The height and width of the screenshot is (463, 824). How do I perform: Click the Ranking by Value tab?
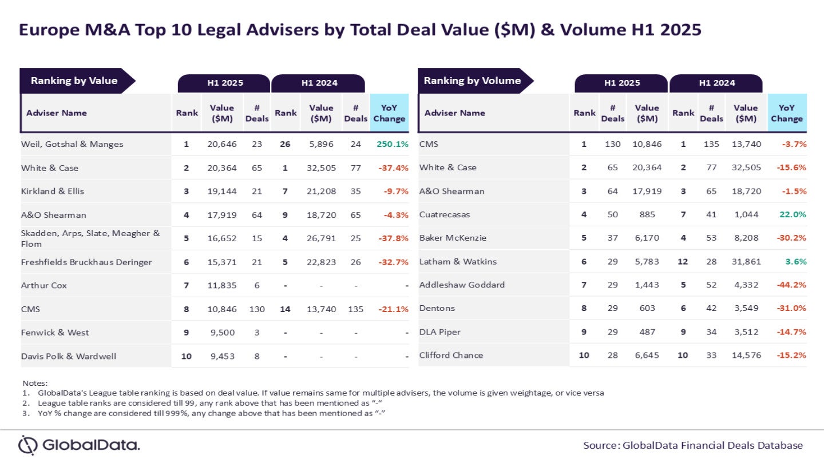(74, 81)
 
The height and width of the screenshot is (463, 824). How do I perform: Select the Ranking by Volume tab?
(472, 81)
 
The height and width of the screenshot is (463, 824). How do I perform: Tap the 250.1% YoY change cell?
(392, 144)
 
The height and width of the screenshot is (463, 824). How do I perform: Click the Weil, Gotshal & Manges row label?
(72, 144)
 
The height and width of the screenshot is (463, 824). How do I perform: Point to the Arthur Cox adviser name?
(44, 285)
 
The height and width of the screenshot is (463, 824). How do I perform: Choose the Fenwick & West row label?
(55, 332)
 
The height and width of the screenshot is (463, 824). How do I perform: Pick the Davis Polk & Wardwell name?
(69, 356)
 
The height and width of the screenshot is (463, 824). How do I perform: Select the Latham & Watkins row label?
(458, 261)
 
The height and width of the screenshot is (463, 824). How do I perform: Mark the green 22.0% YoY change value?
(792, 214)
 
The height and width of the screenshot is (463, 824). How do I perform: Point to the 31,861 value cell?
(746, 261)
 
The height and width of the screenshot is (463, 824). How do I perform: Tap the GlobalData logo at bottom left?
(79, 445)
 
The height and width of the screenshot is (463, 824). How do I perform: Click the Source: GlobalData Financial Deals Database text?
(693, 445)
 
